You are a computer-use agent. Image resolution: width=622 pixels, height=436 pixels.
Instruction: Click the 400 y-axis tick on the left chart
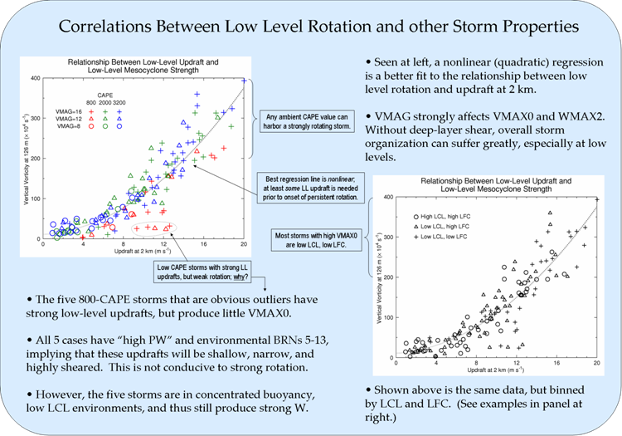point(36,78)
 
